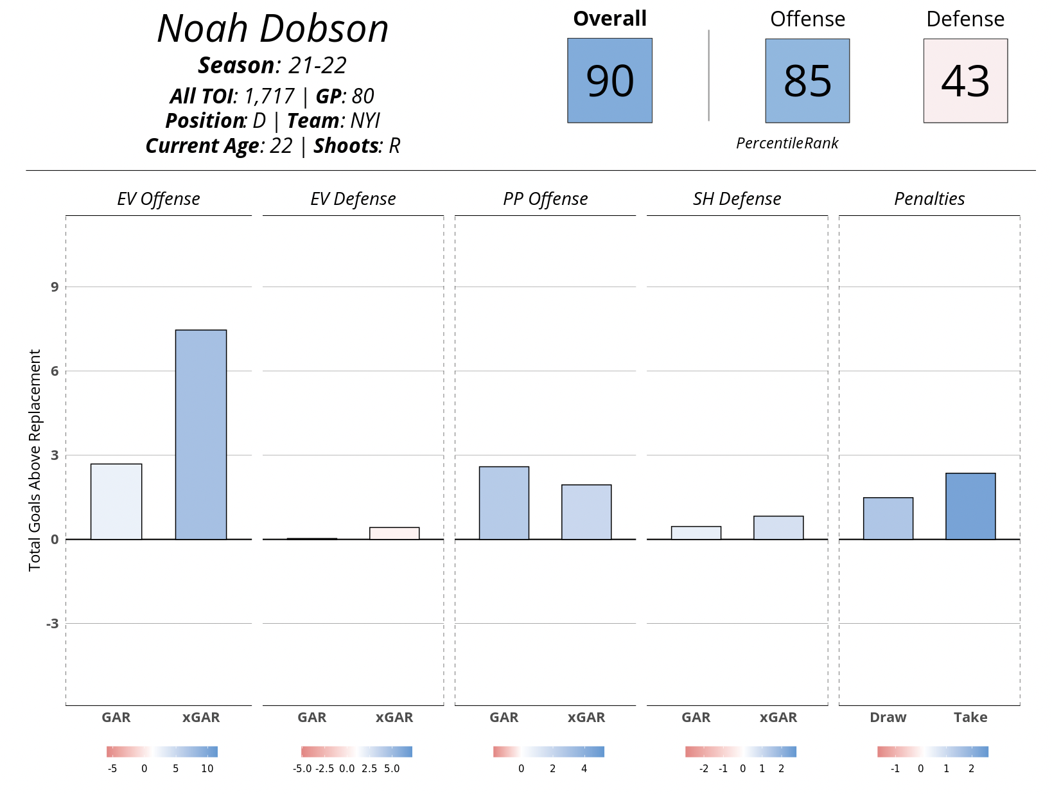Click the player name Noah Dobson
273,30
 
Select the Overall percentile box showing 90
609,80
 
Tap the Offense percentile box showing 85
807,80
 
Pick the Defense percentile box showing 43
965,80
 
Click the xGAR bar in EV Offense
201,434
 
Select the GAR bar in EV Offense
116,501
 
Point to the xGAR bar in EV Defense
394,533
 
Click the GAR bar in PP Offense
504,502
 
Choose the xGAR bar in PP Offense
586,511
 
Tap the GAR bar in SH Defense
696,533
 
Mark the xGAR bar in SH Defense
778,527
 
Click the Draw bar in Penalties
888,518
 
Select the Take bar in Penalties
970,506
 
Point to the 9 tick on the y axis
55,287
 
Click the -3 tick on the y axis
52,624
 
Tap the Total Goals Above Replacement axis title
35,460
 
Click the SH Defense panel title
737,199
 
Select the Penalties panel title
929,199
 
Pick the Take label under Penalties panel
970,717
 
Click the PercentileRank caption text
787,143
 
